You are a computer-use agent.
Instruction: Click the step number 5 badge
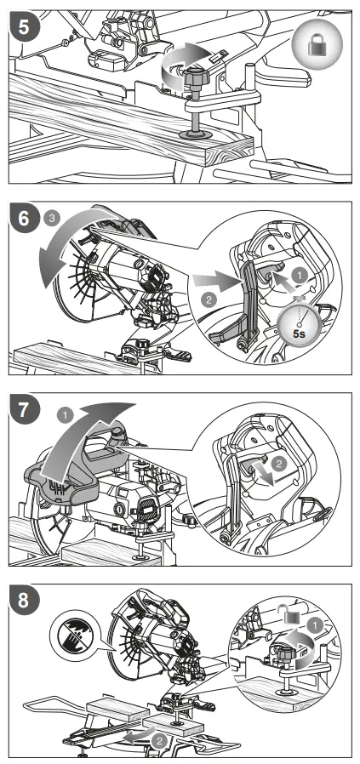23,26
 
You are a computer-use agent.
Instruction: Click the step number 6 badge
23,218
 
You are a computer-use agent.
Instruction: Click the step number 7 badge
23,409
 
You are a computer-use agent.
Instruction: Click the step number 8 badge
23,601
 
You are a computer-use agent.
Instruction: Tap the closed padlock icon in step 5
317,45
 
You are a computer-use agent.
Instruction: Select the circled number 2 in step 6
209,299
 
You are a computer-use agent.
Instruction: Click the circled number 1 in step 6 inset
300,276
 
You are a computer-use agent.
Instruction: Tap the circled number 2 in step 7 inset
278,464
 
